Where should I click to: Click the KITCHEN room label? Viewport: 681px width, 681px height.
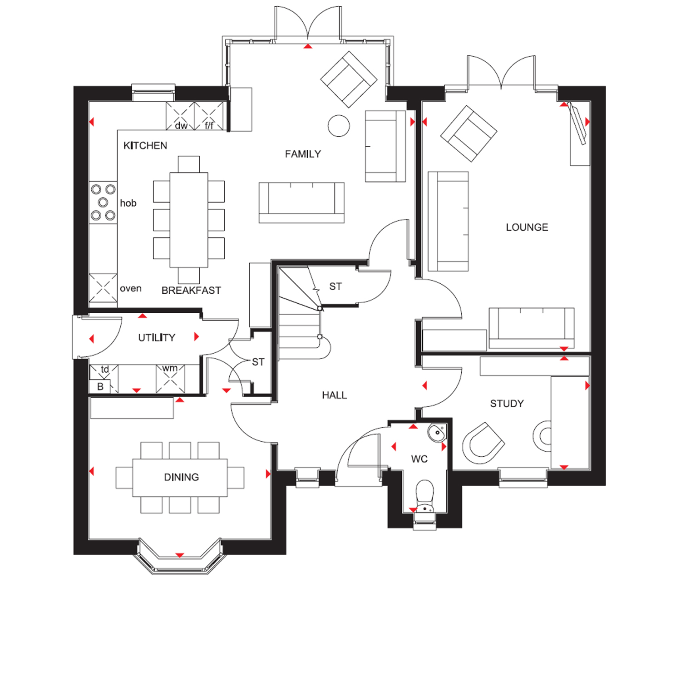tap(145, 145)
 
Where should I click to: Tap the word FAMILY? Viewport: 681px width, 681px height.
tap(303, 154)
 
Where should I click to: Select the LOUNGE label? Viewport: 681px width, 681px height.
tap(527, 227)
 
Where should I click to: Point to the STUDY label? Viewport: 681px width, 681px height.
tap(507, 403)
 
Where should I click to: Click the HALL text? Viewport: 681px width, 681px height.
tap(335, 395)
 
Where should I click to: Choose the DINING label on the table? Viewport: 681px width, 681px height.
tap(182, 477)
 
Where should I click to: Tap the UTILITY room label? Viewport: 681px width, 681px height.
tap(157, 337)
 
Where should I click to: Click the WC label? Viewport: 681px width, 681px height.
tap(419, 459)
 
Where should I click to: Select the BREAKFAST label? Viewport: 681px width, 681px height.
tap(191, 290)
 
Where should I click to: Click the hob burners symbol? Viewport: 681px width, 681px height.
tap(103, 202)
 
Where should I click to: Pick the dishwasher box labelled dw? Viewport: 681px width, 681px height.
tap(180, 116)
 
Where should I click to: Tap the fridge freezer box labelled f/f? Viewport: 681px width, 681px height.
tap(209, 116)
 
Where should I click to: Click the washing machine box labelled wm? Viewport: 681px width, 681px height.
tap(170, 378)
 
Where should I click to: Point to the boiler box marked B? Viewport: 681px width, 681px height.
tap(100, 386)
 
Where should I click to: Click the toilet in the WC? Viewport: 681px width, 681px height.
tap(425, 496)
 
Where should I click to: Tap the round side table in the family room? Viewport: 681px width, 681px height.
tap(339, 125)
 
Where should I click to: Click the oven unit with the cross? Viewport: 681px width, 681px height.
tap(103, 288)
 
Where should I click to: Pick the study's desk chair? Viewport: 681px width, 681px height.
tap(483, 443)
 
